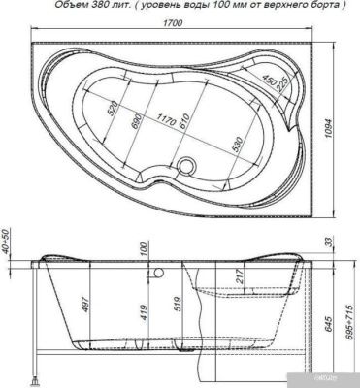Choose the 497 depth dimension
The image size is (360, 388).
point(86,307)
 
